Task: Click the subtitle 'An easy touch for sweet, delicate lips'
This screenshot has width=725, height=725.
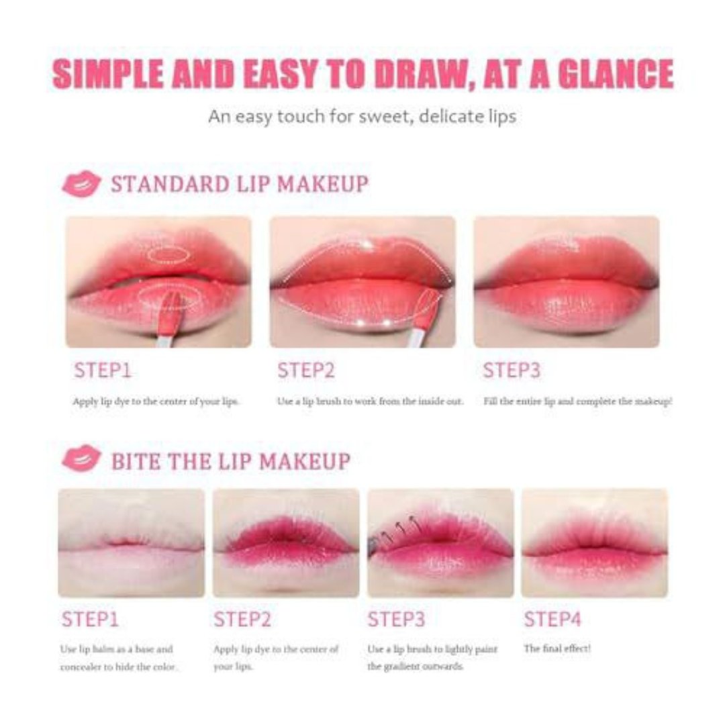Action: (x=362, y=116)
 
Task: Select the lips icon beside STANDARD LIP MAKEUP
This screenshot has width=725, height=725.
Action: (x=81, y=183)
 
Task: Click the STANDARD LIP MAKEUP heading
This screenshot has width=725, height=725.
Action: (x=240, y=183)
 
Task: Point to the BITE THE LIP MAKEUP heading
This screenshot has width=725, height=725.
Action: (x=231, y=461)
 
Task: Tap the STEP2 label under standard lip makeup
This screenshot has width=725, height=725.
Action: (x=305, y=371)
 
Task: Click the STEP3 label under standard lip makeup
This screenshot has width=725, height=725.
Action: (x=512, y=371)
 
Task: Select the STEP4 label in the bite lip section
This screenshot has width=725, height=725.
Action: (x=552, y=619)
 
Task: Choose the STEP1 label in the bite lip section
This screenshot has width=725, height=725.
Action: (x=90, y=619)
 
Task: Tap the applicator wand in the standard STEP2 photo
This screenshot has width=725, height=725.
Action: (x=424, y=319)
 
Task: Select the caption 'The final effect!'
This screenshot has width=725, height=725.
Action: (x=557, y=648)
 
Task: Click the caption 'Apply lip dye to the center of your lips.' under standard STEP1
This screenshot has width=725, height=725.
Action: (x=155, y=401)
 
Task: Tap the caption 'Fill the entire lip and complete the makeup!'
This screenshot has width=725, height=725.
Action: (x=577, y=401)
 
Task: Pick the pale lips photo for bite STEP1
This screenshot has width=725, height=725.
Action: (x=132, y=543)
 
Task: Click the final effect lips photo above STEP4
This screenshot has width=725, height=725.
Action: (x=595, y=543)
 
